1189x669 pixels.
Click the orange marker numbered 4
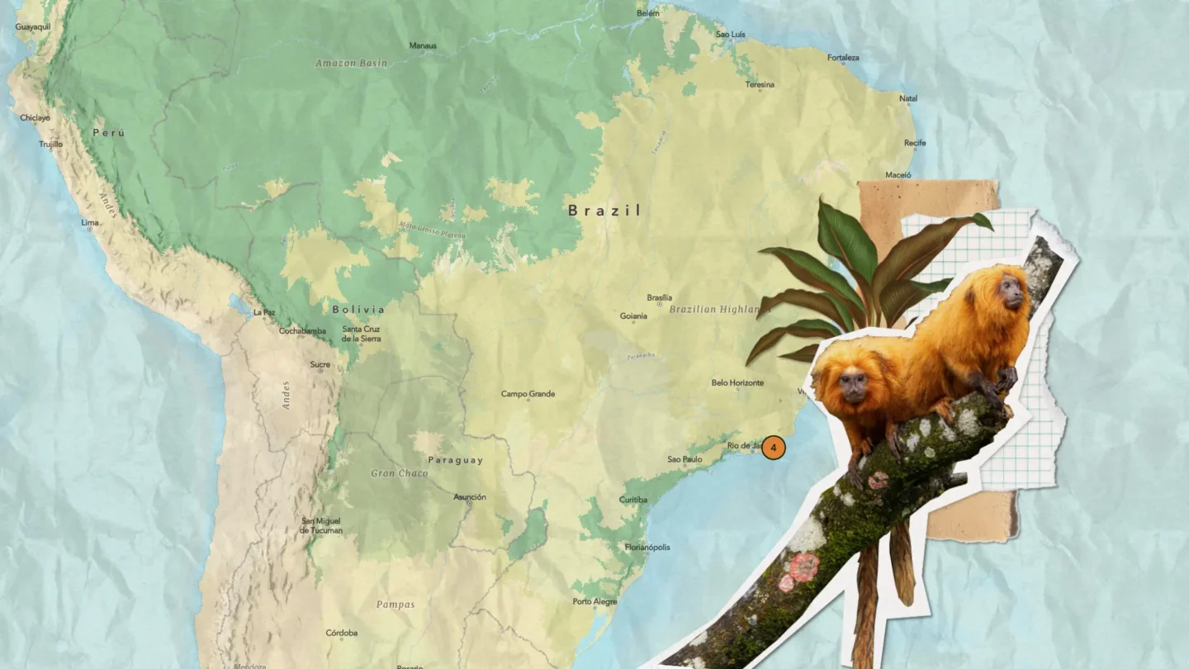(x=773, y=448)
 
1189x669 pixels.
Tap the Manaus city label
(x=423, y=45)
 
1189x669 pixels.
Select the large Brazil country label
(x=604, y=211)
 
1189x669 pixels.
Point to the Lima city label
(x=89, y=223)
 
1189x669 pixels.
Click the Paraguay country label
(x=455, y=460)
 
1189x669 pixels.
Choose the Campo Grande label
(x=528, y=394)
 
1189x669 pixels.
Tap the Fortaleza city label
(x=843, y=58)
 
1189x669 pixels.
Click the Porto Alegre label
(x=594, y=601)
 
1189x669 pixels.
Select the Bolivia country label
(x=358, y=310)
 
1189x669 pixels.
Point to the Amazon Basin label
(x=351, y=63)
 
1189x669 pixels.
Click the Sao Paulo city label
(x=685, y=459)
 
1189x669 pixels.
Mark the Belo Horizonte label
(x=737, y=382)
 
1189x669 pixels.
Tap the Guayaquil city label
(x=33, y=27)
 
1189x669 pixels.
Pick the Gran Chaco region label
(x=400, y=473)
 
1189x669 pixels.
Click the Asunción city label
(x=470, y=497)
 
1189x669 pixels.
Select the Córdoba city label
(x=341, y=633)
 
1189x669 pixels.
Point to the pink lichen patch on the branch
(x=802, y=567)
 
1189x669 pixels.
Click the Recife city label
(x=915, y=143)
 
